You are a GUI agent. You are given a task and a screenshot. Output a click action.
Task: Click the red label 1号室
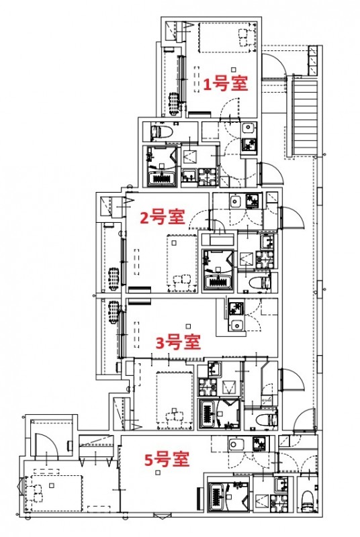coord(226,84)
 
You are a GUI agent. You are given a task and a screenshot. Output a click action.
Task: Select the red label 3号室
coord(178,342)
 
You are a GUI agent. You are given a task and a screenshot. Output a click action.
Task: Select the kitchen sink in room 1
coord(248,128)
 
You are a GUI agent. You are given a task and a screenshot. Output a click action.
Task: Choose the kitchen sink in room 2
coord(236,201)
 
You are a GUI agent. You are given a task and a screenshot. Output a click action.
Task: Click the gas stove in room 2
coord(253,200)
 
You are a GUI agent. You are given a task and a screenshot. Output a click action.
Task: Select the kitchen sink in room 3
coord(236,326)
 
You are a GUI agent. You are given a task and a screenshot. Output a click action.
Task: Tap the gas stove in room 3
coord(236,309)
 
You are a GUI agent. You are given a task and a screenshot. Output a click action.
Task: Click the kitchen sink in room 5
coord(236,444)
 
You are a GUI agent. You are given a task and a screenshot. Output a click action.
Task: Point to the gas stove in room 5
coord(259,444)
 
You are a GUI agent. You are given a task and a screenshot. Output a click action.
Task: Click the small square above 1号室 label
coord(233,69)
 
